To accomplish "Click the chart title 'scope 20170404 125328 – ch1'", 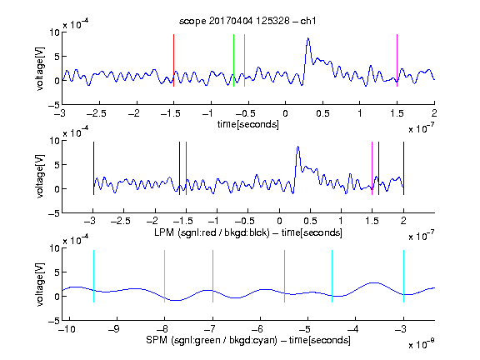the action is click(247, 21).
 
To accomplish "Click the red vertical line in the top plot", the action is click(173, 60).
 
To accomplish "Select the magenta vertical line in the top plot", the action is click(397, 60).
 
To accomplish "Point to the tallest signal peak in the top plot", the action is click(308, 38).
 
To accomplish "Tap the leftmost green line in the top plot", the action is click(233, 60).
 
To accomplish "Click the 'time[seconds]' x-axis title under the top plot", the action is click(248, 124).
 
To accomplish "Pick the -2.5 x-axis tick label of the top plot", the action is click(97, 113).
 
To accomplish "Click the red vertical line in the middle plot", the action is click(186, 168).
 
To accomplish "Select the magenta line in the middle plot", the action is click(372, 168).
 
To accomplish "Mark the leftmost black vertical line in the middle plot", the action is click(93, 168).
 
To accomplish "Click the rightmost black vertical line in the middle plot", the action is click(403, 168).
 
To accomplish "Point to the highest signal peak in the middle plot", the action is click(297, 147).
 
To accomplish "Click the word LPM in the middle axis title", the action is click(164, 232).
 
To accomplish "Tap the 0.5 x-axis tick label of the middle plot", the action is click(310, 221).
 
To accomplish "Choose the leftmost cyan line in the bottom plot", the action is click(93, 277).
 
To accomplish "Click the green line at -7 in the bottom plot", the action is click(212, 277).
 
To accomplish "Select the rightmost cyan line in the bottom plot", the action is click(403, 277).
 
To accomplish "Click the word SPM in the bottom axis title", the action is click(157, 340).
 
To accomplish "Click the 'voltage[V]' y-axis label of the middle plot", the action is click(40, 177).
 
